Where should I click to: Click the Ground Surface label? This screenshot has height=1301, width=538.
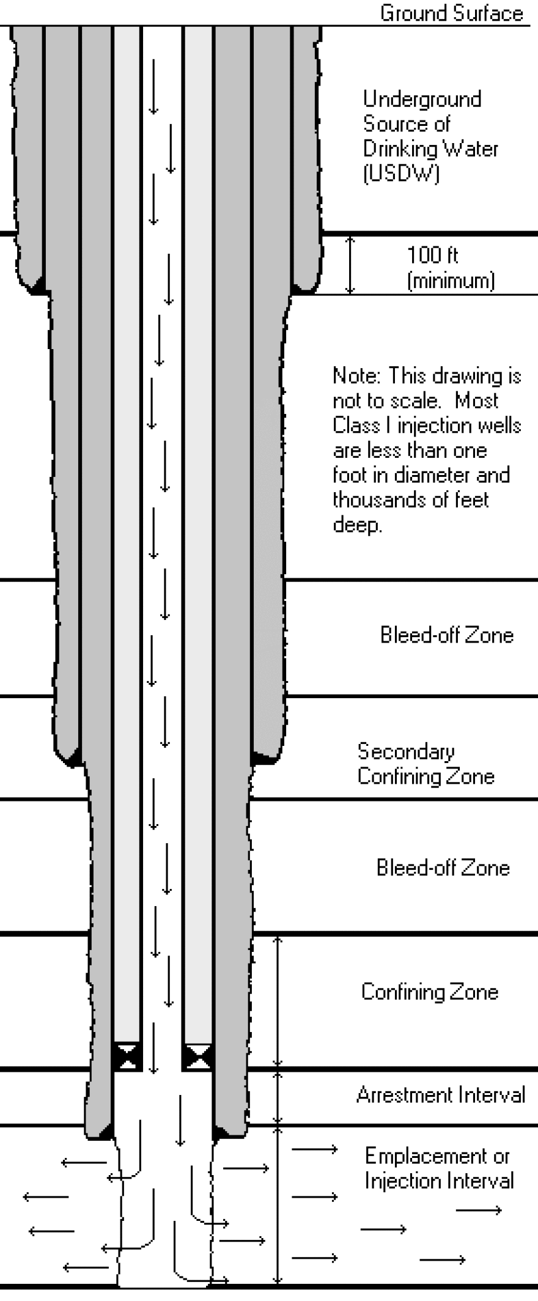pyautogui.click(x=451, y=13)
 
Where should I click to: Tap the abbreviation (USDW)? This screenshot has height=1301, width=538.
pyautogui.click(x=401, y=174)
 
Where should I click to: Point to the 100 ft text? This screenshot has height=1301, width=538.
pyautogui.click(x=432, y=255)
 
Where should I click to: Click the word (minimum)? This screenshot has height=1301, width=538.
pyautogui.click(x=451, y=281)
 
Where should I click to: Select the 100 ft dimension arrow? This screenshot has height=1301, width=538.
pyautogui.click(x=350, y=264)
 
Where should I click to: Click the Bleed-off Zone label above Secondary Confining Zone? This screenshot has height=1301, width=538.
pyautogui.click(x=446, y=635)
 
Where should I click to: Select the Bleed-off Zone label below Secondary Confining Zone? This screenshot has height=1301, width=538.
pyautogui.click(x=443, y=868)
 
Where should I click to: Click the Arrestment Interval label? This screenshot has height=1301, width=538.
pyautogui.click(x=440, y=1094)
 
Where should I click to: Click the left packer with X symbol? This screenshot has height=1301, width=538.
pyautogui.click(x=127, y=1056)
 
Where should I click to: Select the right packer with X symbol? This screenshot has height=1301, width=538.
pyautogui.click(x=197, y=1056)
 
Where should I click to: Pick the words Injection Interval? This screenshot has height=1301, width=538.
pyautogui.click(x=439, y=1181)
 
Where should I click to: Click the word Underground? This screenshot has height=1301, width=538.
pyautogui.click(x=422, y=99)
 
